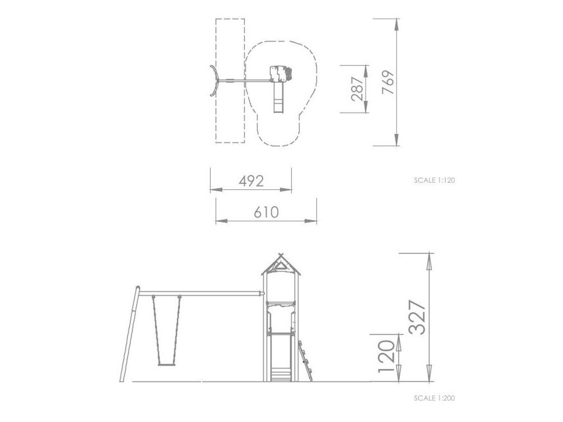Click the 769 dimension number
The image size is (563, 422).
coord(388,82)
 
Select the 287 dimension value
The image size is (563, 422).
coord(357,89)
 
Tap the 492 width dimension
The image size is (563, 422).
coord(251,181)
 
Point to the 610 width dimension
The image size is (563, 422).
coord(266,212)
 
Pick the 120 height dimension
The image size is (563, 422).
coord(387,355)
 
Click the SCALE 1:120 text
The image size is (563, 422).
coord(434,180)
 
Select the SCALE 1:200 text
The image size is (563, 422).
coord(434,398)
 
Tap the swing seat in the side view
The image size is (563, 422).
coord(167,364)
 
